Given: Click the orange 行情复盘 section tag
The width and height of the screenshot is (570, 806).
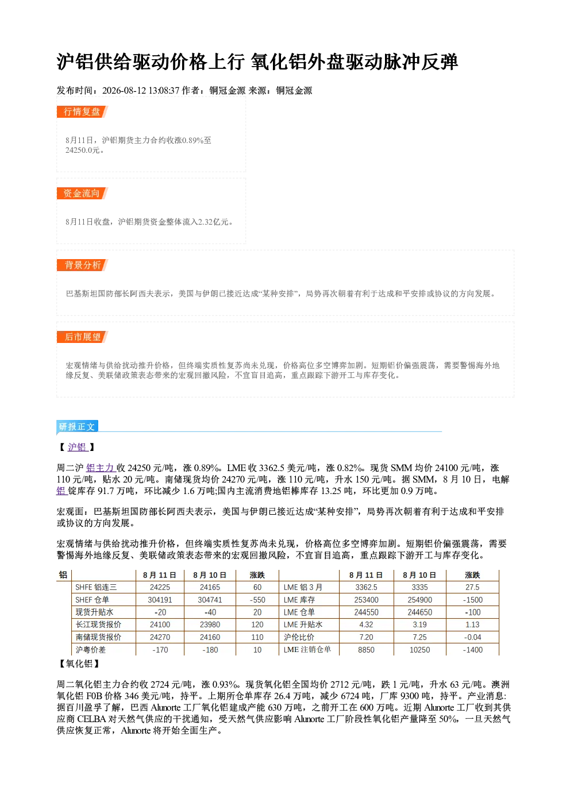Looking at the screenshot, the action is click(82, 111).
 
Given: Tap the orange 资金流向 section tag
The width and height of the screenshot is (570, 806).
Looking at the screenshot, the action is click(82, 193).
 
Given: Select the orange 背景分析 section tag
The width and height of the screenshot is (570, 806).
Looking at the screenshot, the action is click(82, 265).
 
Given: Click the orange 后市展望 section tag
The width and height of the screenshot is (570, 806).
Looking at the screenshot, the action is click(82, 337).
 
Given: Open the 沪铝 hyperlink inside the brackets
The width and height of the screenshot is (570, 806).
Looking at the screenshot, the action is click(77, 448).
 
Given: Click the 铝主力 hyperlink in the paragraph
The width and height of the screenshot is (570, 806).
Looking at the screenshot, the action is click(99, 468).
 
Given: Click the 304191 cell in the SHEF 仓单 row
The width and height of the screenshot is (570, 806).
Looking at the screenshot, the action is click(160, 600).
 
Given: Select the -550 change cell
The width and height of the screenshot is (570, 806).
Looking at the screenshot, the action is click(257, 600).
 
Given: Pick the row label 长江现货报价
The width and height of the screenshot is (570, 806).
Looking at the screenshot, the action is click(98, 624).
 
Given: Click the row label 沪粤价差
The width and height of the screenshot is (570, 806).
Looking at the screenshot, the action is click(90, 650).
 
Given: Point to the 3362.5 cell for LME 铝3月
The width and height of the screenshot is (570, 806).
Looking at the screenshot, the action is click(367, 587).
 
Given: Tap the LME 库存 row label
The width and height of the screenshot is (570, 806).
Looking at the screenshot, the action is click(299, 600).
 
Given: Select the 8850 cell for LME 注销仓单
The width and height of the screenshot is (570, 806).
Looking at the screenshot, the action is click(367, 650).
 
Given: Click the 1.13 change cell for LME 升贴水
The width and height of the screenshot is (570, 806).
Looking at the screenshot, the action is click(472, 624).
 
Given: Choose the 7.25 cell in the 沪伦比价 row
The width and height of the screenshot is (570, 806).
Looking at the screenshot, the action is click(419, 637).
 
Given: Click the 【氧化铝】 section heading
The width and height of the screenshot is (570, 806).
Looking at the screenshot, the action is click(79, 664).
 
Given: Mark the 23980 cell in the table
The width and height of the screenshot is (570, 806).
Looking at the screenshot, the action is click(210, 624).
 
